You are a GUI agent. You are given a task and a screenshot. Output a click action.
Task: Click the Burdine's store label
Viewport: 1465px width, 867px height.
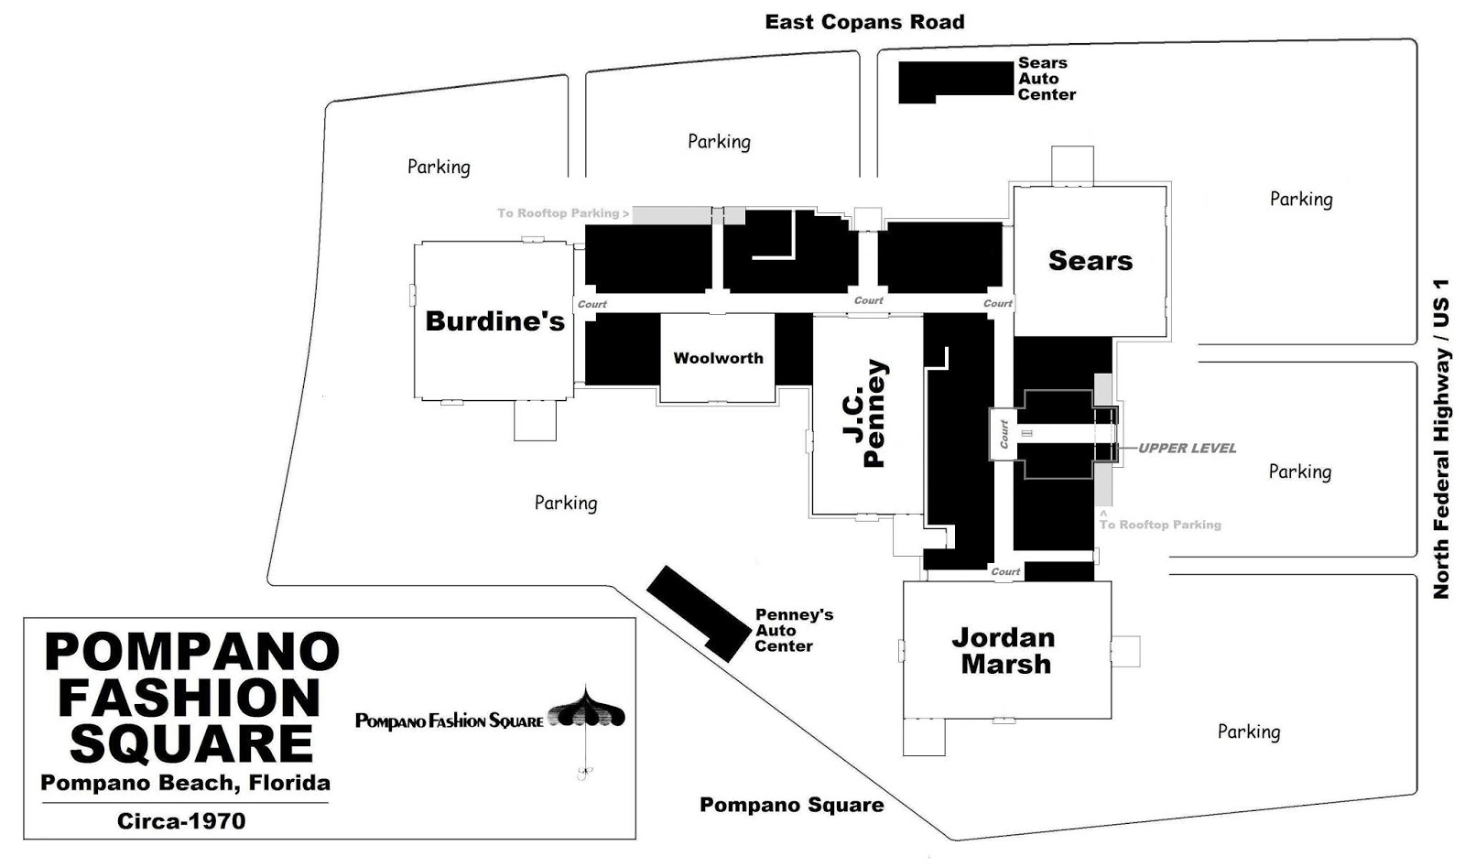(x=494, y=321)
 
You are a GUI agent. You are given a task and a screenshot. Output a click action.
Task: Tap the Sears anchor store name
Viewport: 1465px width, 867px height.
(x=1090, y=261)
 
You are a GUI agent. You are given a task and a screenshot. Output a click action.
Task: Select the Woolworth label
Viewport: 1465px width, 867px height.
(x=718, y=358)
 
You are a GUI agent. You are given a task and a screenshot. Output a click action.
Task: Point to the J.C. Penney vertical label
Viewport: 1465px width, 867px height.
(x=864, y=414)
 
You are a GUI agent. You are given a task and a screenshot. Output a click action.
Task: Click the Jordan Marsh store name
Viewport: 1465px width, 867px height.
(x=1004, y=651)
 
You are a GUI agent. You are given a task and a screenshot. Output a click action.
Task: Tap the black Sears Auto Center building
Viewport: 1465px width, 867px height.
(x=954, y=80)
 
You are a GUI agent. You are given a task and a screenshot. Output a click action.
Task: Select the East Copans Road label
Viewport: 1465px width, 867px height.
(x=864, y=22)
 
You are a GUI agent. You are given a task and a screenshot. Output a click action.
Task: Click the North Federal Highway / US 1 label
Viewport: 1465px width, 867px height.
(x=1441, y=439)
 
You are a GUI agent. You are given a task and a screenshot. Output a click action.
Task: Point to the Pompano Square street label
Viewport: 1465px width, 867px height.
(x=791, y=805)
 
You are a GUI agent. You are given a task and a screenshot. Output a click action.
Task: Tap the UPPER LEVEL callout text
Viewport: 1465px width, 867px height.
(x=1187, y=449)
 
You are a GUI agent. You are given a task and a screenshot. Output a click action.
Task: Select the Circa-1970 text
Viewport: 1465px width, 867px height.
(x=181, y=820)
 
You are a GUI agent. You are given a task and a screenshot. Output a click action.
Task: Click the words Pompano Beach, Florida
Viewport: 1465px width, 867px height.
(x=185, y=783)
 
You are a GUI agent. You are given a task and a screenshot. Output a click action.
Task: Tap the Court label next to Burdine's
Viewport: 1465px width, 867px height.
(x=591, y=304)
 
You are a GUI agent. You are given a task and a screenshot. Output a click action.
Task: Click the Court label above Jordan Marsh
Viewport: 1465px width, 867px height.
(x=1004, y=571)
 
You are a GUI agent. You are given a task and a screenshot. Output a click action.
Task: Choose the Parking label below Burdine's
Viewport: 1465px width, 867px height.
(x=565, y=503)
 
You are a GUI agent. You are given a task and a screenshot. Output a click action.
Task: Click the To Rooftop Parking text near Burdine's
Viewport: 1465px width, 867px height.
(x=562, y=213)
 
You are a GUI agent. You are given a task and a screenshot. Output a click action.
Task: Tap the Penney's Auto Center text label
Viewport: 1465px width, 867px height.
(x=793, y=630)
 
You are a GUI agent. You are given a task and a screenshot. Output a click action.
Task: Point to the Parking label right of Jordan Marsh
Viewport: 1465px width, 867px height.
(x=1248, y=732)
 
